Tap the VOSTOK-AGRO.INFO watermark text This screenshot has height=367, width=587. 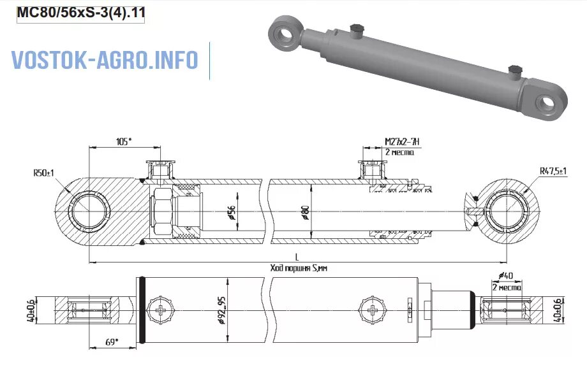[x=105, y=60]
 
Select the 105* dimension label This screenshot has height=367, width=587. [x=124, y=141]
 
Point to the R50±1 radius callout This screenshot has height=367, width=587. [x=44, y=173]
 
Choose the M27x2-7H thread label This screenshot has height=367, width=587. [x=401, y=141]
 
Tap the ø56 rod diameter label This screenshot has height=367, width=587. [x=232, y=212]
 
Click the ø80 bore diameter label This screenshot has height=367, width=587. [x=306, y=212]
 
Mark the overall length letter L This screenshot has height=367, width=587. [x=297, y=256]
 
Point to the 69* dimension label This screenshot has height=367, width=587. [x=112, y=343]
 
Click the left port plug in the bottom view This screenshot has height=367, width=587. [x=160, y=312]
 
